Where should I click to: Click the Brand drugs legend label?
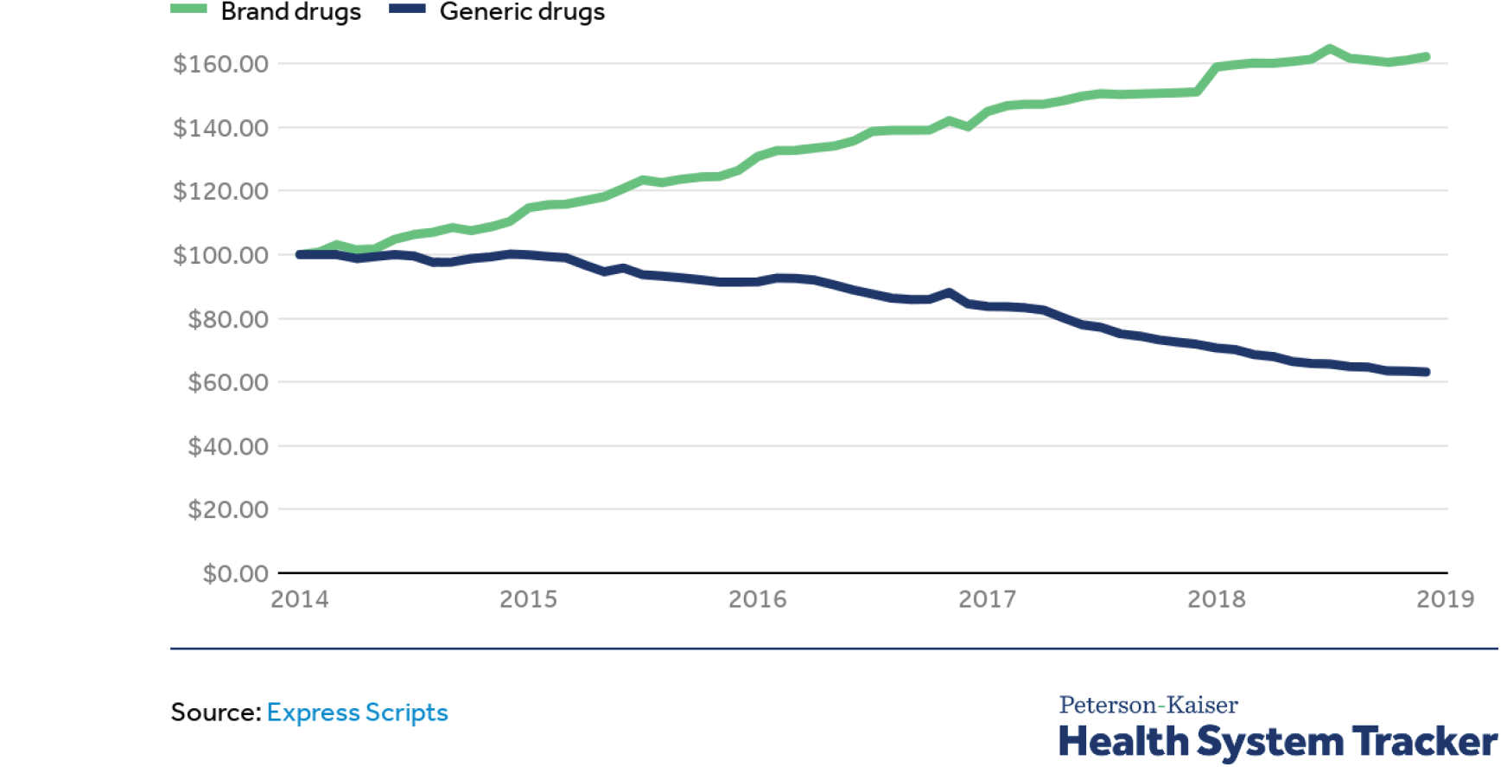tap(290, 12)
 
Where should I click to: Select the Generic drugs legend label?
tap(522, 12)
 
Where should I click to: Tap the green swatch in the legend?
tap(188, 9)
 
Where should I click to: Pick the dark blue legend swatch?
tap(407, 9)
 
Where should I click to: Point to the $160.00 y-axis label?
tap(220, 64)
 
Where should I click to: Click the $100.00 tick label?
tap(220, 255)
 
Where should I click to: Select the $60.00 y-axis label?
tap(228, 382)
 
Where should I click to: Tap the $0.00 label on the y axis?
tap(235, 573)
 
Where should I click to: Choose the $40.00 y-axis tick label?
tap(228, 446)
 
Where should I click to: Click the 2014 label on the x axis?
tap(300, 599)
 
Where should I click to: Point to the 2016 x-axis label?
tap(758, 599)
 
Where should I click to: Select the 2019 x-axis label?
tap(1445, 599)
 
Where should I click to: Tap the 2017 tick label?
tap(987, 599)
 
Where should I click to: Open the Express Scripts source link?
tap(357, 713)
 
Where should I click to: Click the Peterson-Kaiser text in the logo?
tap(1148, 705)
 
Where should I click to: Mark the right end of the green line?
tap(1426, 57)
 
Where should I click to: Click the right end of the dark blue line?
tap(1426, 372)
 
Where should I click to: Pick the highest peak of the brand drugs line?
tap(1330, 49)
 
